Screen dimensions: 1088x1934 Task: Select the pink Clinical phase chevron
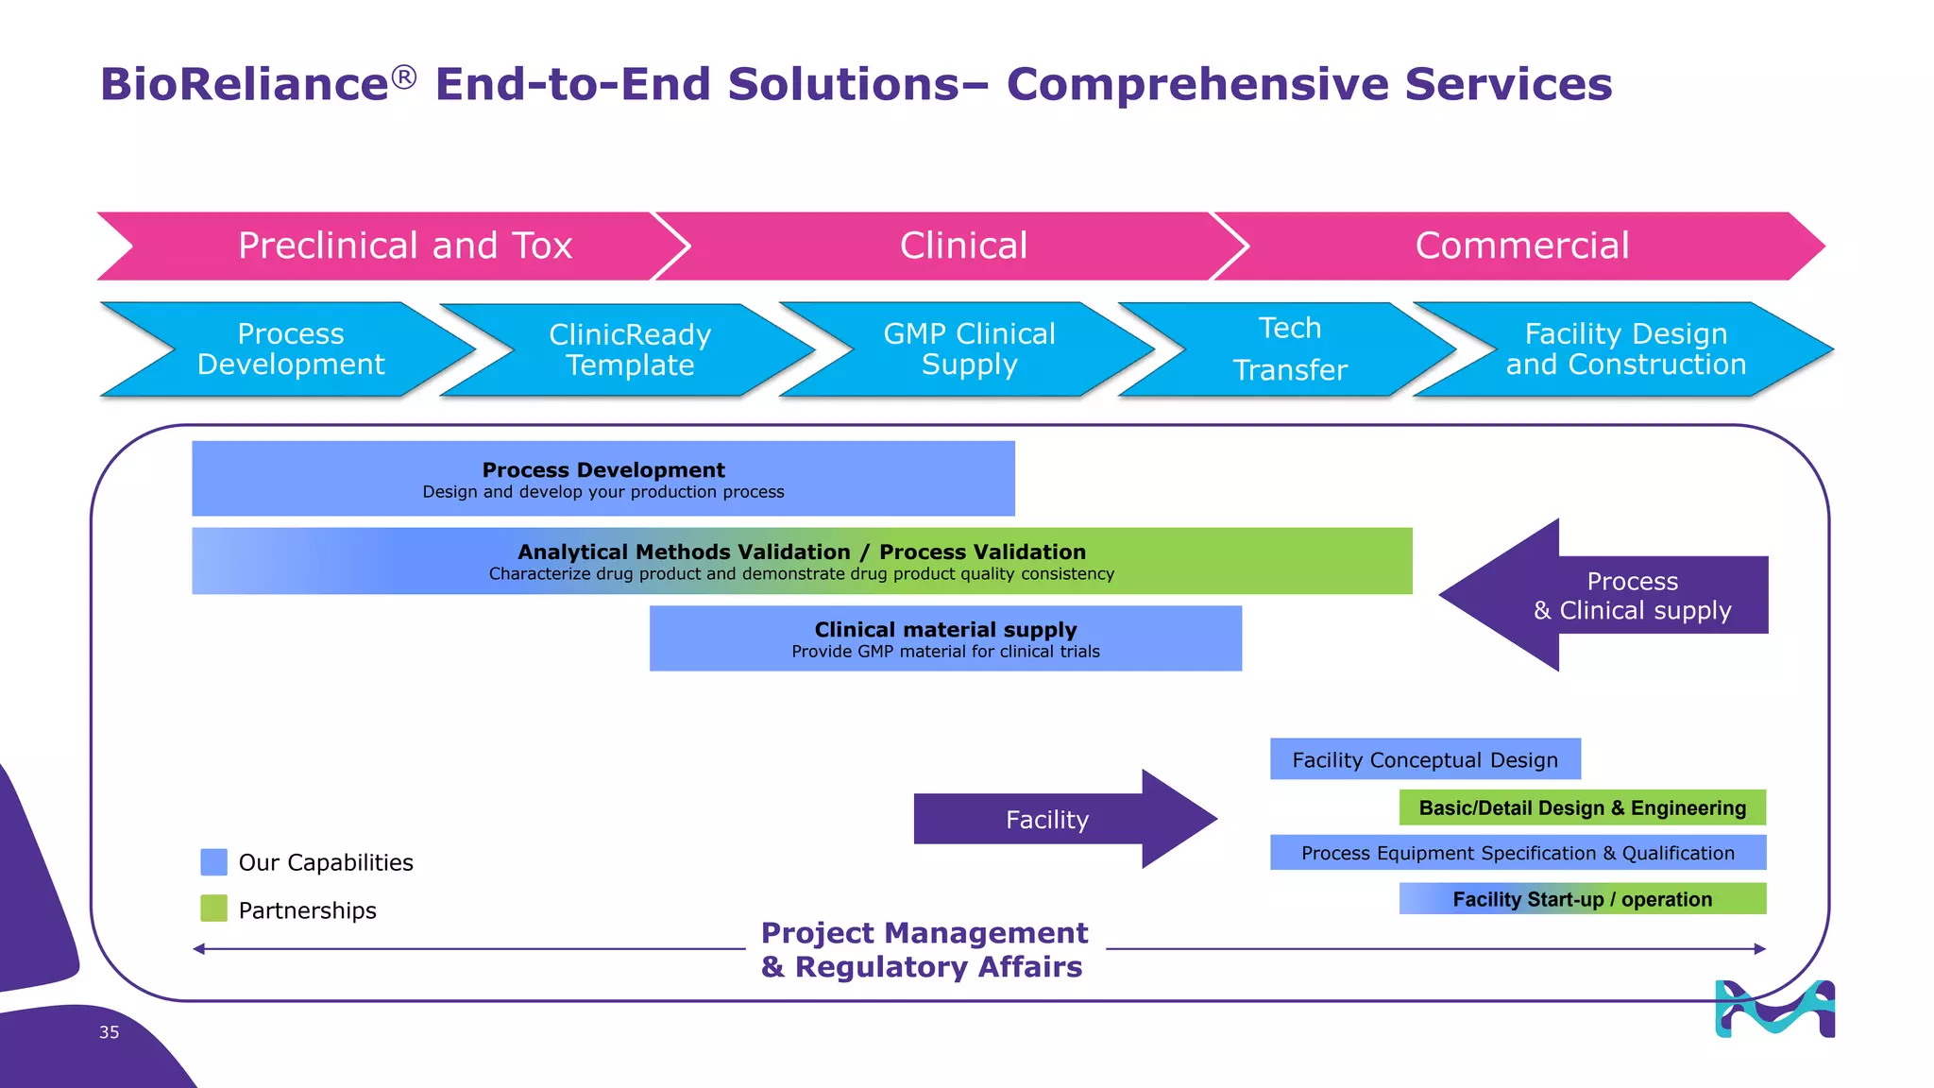(963, 246)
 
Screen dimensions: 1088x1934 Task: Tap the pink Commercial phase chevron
(1522, 246)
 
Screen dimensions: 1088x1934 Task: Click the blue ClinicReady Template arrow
(630, 349)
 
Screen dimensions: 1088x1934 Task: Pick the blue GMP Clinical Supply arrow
(969, 349)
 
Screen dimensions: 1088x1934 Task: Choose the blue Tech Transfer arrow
(1290, 349)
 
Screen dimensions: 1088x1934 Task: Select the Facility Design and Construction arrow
(1626, 349)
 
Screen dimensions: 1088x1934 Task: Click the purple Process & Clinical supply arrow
(1632, 595)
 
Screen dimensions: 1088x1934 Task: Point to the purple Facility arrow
(1048, 819)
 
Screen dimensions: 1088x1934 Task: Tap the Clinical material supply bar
(945, 638)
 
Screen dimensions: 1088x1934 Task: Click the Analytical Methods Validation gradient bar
(801, 561)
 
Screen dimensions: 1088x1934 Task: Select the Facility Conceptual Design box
(1424, 759)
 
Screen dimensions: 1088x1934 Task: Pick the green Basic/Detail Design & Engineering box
(1582, 807)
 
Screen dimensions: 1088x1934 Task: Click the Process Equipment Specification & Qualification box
(1518, 853)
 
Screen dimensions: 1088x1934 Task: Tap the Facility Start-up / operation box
(1582, 899)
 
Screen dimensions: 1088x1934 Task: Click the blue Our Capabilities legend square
(214, 861)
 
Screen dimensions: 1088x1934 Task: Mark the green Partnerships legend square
(214, 909)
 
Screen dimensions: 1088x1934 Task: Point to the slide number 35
(110, 1032)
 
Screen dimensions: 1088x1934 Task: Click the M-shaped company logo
(1774, 1009)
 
